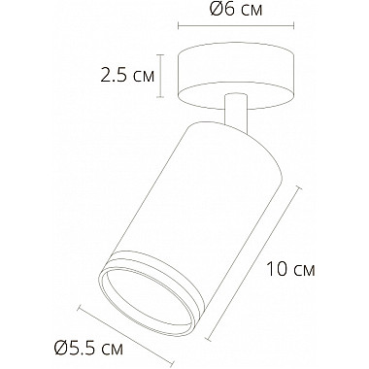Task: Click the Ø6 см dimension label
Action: [x=238, y=13]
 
